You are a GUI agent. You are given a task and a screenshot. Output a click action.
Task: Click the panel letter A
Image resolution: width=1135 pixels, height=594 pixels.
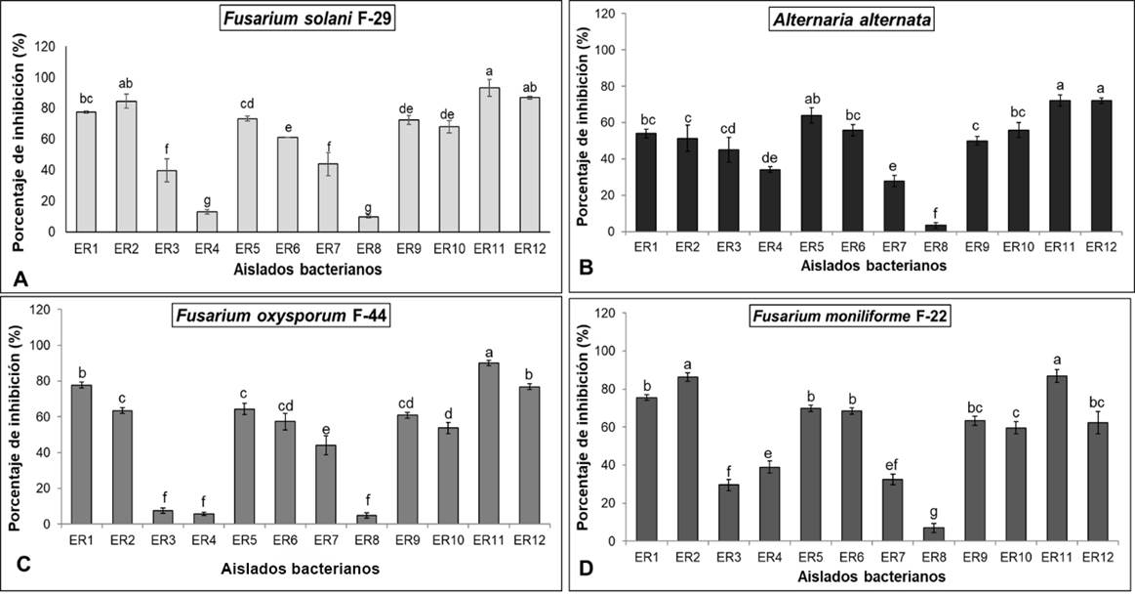click(x=20, y=280)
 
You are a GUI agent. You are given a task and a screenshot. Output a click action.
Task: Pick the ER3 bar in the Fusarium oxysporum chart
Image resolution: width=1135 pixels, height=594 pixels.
click(x=163, y=517)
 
